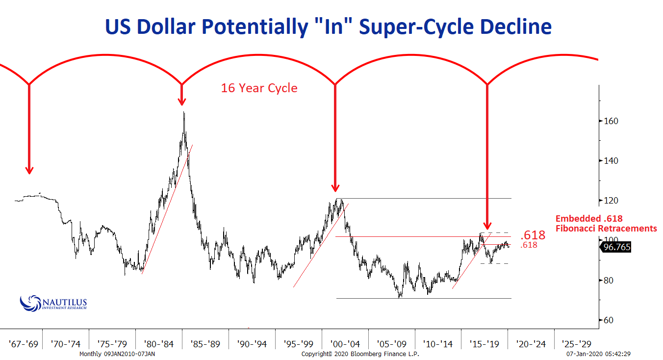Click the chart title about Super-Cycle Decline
tap(328, 26)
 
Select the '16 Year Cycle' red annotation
tap(259, 88)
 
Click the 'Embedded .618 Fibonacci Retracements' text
tap(606, 224)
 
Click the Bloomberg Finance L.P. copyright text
tap(360, 354)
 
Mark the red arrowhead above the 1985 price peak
tap(182, 101)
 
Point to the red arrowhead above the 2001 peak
tap(335, 187)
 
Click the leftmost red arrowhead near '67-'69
tap(29, 170)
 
